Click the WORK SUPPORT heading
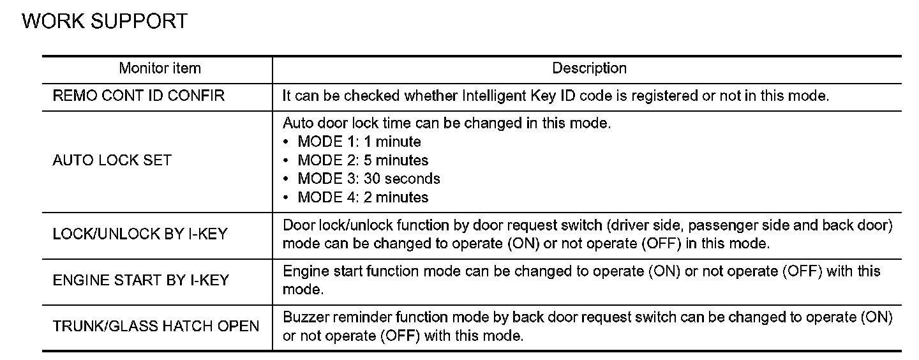pos(105,21)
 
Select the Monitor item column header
pos(160,68)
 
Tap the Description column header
pos(589,68)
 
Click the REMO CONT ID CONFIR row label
pos(138,96)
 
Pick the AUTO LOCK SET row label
pos(112,160)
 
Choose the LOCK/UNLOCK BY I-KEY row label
pos(140,234)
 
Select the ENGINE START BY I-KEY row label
pos(140,280)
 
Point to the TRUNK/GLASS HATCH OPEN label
pos(156,326)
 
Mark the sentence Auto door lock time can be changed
pos(447,123)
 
